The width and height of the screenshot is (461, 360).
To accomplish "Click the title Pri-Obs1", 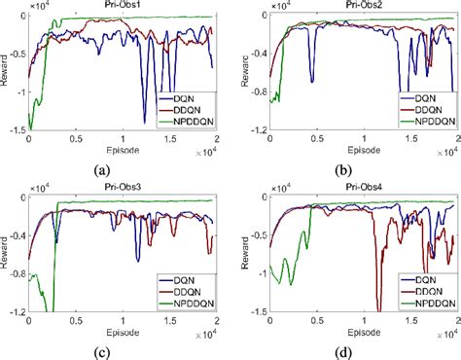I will (124, 7).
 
